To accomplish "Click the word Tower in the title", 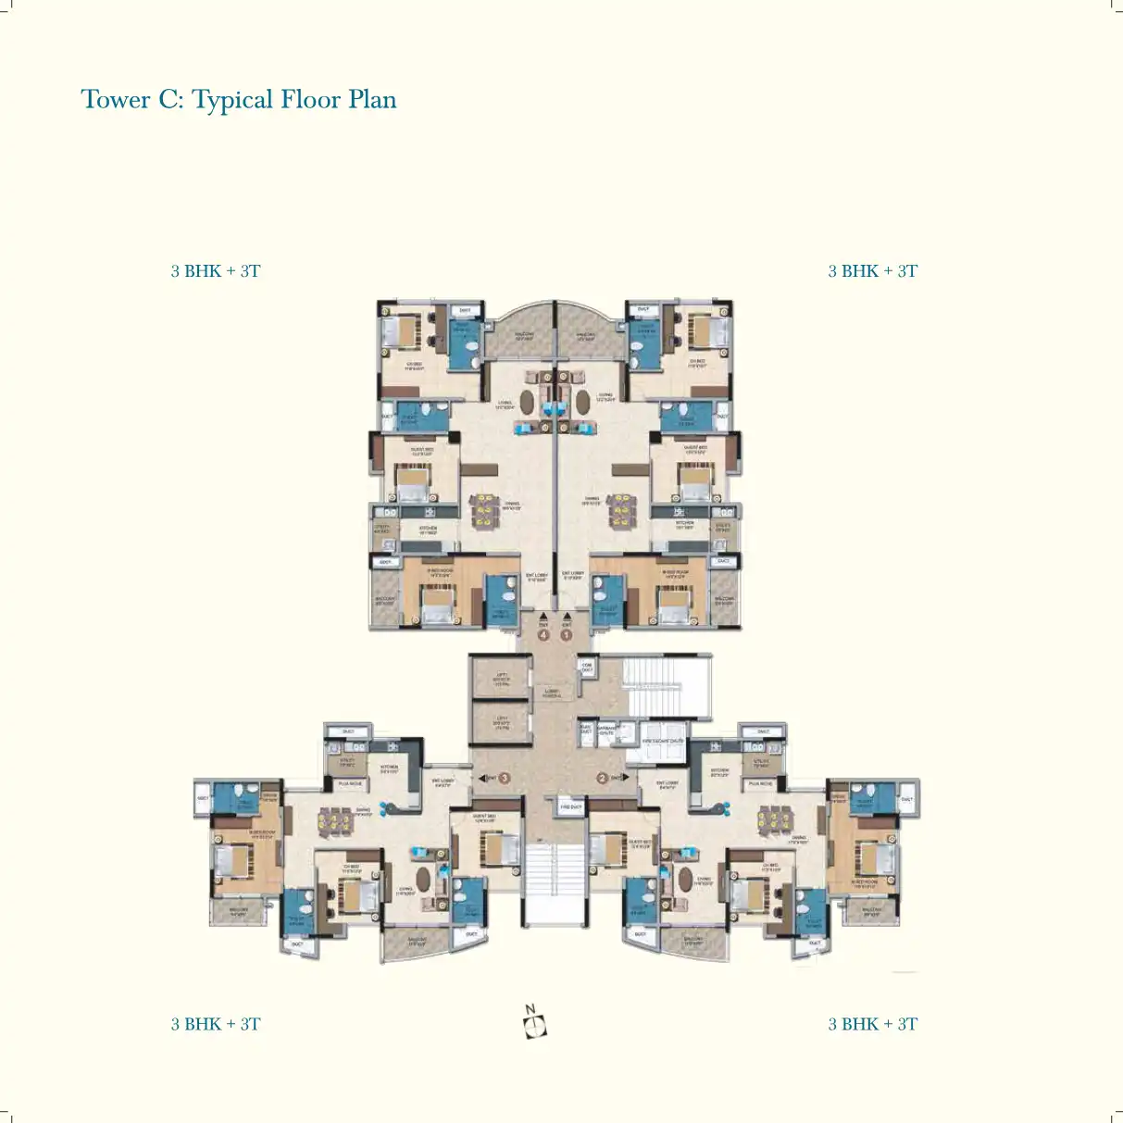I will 115,100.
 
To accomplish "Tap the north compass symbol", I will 534,1023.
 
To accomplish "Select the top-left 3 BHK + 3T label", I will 216,271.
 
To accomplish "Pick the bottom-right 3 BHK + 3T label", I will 872,1024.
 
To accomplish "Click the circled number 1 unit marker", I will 567,635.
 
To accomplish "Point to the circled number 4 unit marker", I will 543,635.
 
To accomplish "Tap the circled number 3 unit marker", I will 505,778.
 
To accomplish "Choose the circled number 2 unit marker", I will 602,778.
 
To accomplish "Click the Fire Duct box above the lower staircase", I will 571,807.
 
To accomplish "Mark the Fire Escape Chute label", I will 663,741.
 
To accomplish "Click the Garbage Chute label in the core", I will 606,730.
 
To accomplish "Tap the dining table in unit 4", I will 483,510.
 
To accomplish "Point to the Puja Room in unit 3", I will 350,783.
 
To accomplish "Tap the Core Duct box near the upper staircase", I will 587,667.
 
